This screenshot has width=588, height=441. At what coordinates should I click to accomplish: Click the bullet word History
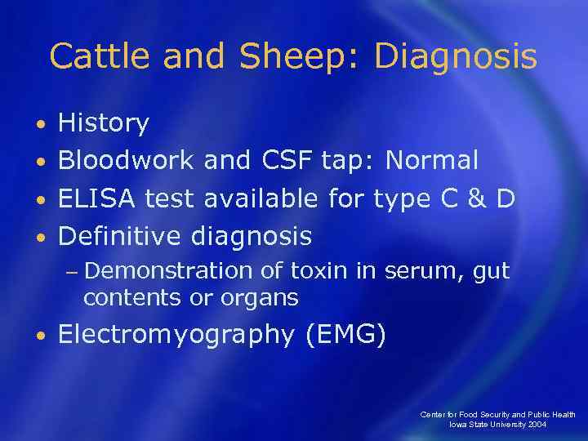[x=104, y=123]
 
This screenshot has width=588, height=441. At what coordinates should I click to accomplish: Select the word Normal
[x=432, y=161]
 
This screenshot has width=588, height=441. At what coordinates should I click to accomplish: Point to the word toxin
[x=314, y=271]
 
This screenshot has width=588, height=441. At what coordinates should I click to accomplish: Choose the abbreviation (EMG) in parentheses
[x=345, y=335]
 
